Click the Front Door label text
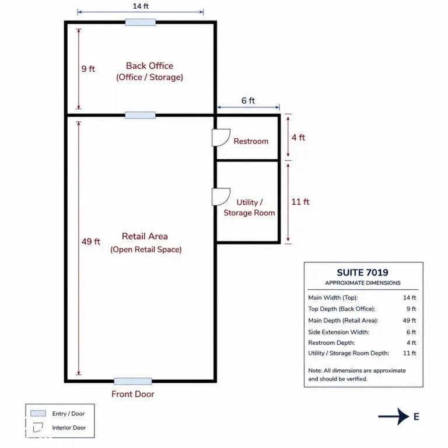[132, 394]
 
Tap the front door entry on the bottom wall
[133, 381]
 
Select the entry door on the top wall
[141, 22]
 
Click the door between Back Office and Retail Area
[140, 115]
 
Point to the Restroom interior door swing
[221, 138]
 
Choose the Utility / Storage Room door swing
[221, 197]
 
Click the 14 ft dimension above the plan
[141, 6]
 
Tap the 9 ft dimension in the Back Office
[88, 69]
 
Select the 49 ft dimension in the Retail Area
[91, 242]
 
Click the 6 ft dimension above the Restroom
[248, 100]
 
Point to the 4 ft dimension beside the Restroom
[298, 138]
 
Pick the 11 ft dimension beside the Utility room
[300, 202]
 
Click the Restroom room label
[251, 141]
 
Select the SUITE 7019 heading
[363, 272]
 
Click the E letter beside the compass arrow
[416, 417]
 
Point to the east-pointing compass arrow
[394, 416]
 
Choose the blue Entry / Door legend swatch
[38, 414]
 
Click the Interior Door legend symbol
[38, 428]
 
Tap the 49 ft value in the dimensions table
[409, 321]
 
